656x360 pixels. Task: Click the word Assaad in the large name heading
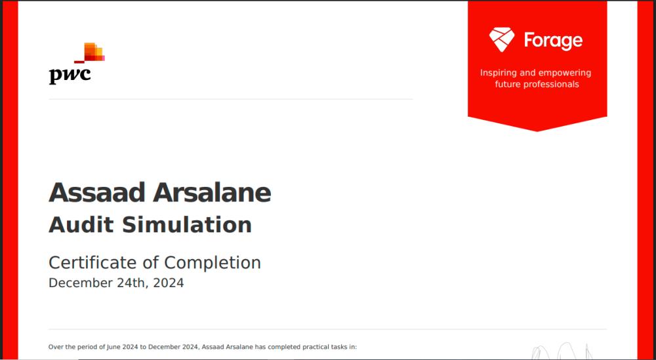[x=96, y=193]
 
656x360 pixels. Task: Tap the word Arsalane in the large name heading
[x=212, y=193]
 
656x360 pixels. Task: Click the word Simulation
[x=186, y=225]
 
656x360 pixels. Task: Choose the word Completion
[x=213, y=263]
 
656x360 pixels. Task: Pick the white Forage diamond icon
[x=502, y=40]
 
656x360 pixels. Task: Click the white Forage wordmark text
[x=553, y=41]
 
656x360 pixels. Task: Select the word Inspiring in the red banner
[x=498, y=73]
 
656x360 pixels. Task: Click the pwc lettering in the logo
[x=70, y=75]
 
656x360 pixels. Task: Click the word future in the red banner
[x=506, y=85]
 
